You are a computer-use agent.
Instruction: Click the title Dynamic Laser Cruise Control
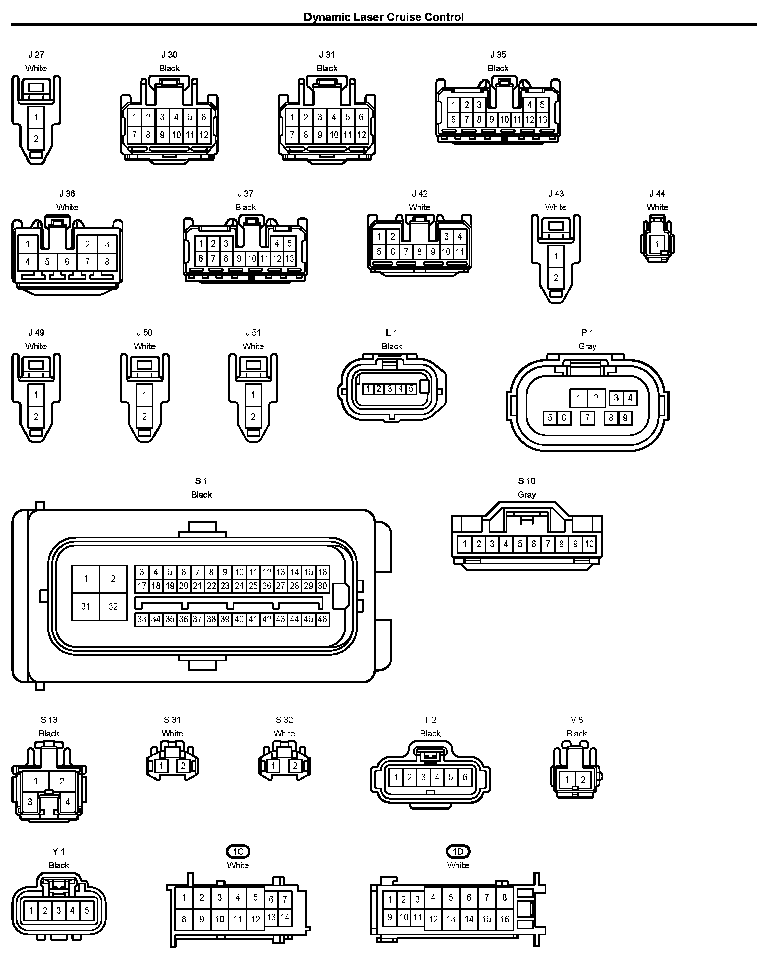[x=383, y=17]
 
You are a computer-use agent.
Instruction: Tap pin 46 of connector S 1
[x=322, y=619]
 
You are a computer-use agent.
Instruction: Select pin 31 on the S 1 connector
[x=86, y=606]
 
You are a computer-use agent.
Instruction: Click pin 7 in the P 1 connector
[x=587, y=418]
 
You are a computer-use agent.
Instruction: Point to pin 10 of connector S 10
[x=589, y=544]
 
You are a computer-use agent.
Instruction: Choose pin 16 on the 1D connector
[x=505, y=919]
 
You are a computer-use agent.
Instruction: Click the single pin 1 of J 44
[x=657, y=244]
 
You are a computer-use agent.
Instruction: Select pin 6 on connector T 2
[x=465, y=777]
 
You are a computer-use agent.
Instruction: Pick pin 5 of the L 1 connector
[x=411, y=389]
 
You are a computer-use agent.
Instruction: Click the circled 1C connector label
[x=238, y=851]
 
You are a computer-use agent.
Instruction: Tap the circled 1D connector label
[x=457, y=851]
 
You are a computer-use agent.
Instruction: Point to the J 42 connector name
[x=420, y=194]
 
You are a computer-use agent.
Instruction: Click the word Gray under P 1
[x=587, y=346]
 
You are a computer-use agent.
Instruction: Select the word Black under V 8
[x=577, y=733]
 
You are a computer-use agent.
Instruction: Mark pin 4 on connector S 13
[x=68, y=802]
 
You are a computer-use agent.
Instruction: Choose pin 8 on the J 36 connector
[x=107, y=262]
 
